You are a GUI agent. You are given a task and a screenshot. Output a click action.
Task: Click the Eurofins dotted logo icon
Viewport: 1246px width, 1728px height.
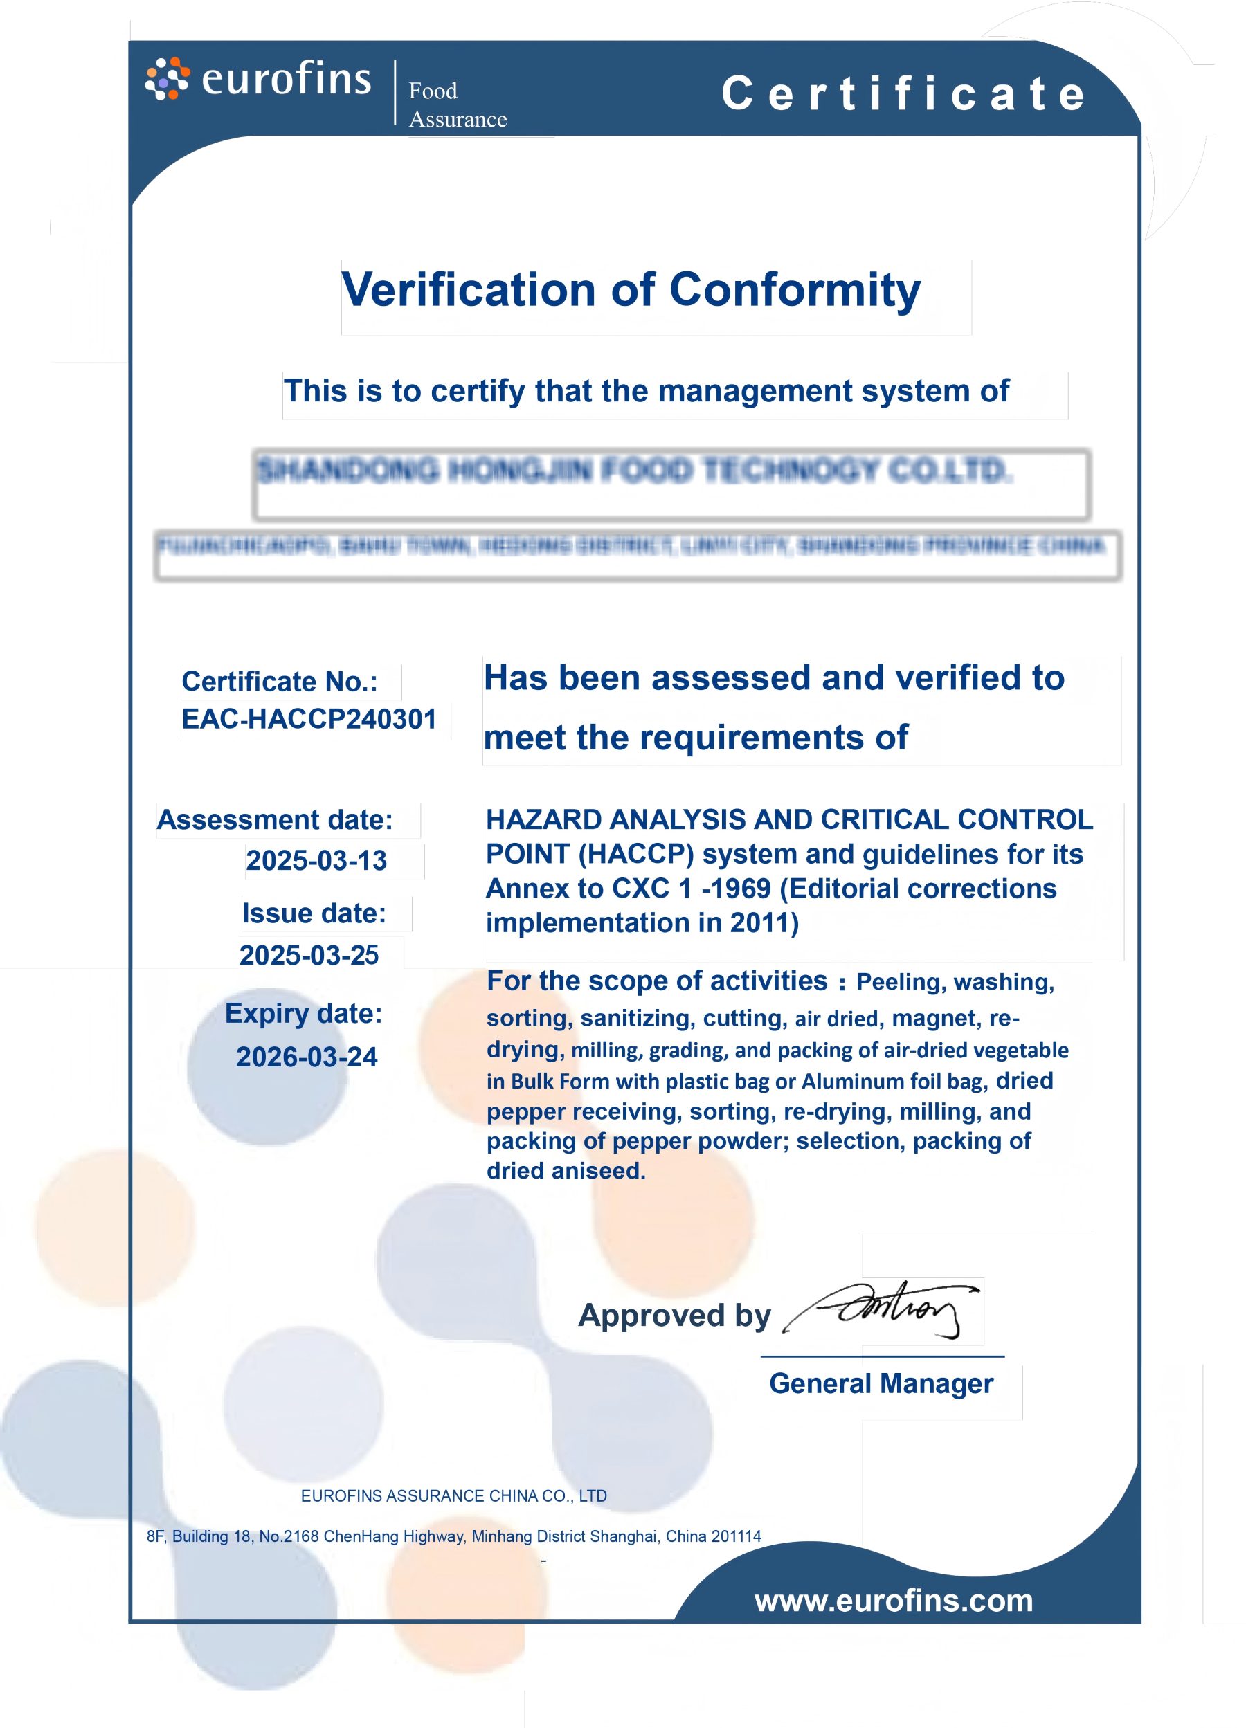[x=167, y=78]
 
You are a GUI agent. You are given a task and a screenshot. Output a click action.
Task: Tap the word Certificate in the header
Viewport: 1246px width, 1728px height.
[x=904, y=93]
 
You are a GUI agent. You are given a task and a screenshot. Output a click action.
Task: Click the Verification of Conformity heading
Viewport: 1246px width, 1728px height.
[x=631, y=290]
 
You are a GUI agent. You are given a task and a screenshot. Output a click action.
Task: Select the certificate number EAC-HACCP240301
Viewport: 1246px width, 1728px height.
[x=309, y=719]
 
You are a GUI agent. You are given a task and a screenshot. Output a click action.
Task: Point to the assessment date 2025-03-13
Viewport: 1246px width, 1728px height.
[x=316, y=861]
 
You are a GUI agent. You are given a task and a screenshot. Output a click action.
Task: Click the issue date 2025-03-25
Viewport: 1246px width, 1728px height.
[x=309, y=956]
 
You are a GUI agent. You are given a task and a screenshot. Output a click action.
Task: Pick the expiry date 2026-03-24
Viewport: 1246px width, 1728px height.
[x=307, y=1057]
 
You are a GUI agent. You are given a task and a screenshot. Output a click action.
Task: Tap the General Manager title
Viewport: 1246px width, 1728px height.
[x=881, y=1383]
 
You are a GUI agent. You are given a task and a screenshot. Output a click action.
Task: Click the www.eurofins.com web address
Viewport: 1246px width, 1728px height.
[x=893, y=1601]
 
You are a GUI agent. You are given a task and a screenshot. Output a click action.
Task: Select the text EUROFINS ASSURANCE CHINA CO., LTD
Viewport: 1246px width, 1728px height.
[x=453, y=1495]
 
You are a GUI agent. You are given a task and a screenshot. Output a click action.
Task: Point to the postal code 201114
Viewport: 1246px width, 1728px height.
[x=736, y=1536]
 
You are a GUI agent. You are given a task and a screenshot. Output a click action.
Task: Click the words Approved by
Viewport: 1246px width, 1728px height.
[x=674, y=1316]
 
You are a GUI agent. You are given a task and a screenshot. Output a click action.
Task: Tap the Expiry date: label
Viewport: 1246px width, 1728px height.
[x=303, y=1014]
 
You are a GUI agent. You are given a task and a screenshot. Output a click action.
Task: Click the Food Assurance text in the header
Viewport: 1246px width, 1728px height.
[x=458, y=105]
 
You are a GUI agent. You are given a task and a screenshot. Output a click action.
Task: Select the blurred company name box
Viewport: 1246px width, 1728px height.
[x=671, y=484]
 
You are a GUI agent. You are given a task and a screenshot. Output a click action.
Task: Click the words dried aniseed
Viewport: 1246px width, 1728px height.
[x=566, y=1171]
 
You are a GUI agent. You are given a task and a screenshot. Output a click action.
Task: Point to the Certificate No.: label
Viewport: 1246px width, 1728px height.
[x=280, y=682]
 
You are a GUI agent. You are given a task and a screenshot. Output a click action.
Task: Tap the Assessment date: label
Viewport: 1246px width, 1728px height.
[x=274, y=821]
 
